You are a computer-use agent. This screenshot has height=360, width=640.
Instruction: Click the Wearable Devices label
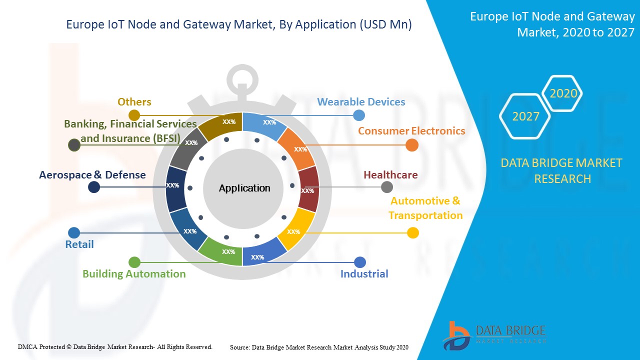361,102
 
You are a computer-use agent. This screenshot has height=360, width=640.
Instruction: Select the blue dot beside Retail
73,232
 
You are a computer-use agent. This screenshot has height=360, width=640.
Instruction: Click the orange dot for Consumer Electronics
412,145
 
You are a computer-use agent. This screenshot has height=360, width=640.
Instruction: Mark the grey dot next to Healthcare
387,187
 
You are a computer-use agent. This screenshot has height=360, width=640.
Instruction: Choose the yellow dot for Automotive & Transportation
413,232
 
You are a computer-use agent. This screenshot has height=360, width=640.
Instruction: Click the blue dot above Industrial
360,262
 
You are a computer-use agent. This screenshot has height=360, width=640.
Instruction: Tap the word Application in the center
244,188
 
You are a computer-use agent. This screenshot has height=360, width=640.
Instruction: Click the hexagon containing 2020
563,93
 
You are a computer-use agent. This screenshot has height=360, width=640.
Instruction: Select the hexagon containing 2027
525,116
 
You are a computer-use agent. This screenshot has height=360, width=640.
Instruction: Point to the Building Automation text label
134,274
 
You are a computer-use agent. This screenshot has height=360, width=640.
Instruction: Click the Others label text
134,102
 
